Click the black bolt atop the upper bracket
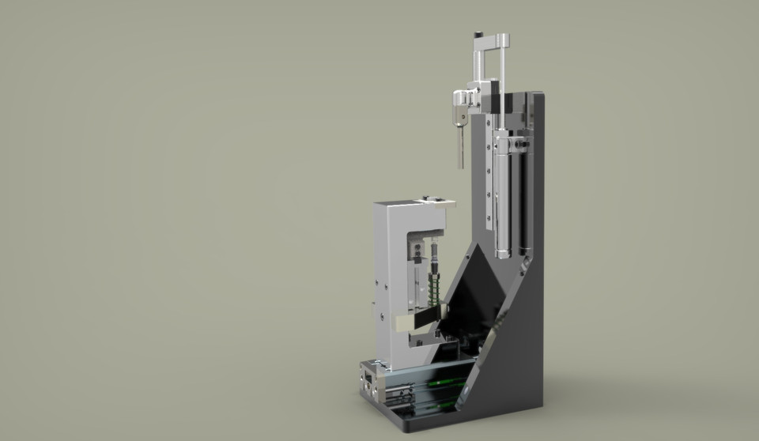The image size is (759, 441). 478,35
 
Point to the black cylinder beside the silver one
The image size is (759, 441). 524,198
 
